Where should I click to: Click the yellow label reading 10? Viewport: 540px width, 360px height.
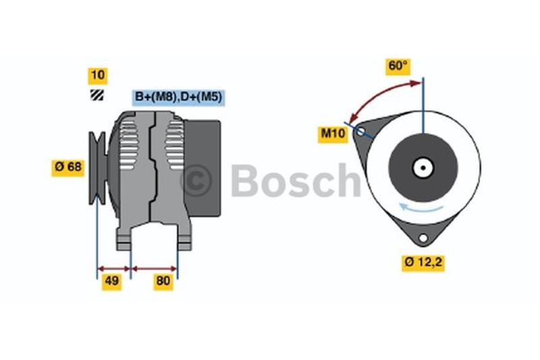click(x=97, y=76)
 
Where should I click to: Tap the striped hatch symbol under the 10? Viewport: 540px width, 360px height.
click(x=97, y=95)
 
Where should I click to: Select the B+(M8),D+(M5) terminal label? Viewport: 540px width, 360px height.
click(x=178, y=98)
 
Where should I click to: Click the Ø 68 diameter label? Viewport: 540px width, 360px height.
click(x=68, y=167)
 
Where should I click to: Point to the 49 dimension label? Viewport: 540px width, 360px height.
click(x=111, y=282)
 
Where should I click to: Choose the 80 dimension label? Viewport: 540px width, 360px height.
click(x=163, y=282)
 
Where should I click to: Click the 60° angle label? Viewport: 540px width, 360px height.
click(x=398, y=66)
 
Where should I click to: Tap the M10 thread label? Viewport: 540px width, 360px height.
click(x=333, y=134)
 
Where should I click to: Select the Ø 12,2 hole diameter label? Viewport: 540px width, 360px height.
click(x=423, y=263)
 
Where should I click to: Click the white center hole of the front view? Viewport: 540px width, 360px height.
click(x=423, y=167)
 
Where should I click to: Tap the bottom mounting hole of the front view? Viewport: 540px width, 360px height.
click(x=423, y=238)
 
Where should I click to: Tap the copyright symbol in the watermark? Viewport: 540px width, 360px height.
click(x=196, y=180)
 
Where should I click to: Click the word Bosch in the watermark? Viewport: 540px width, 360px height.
click(x=296, y=180)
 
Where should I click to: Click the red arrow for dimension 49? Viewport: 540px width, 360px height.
click(x=113, y=268)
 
